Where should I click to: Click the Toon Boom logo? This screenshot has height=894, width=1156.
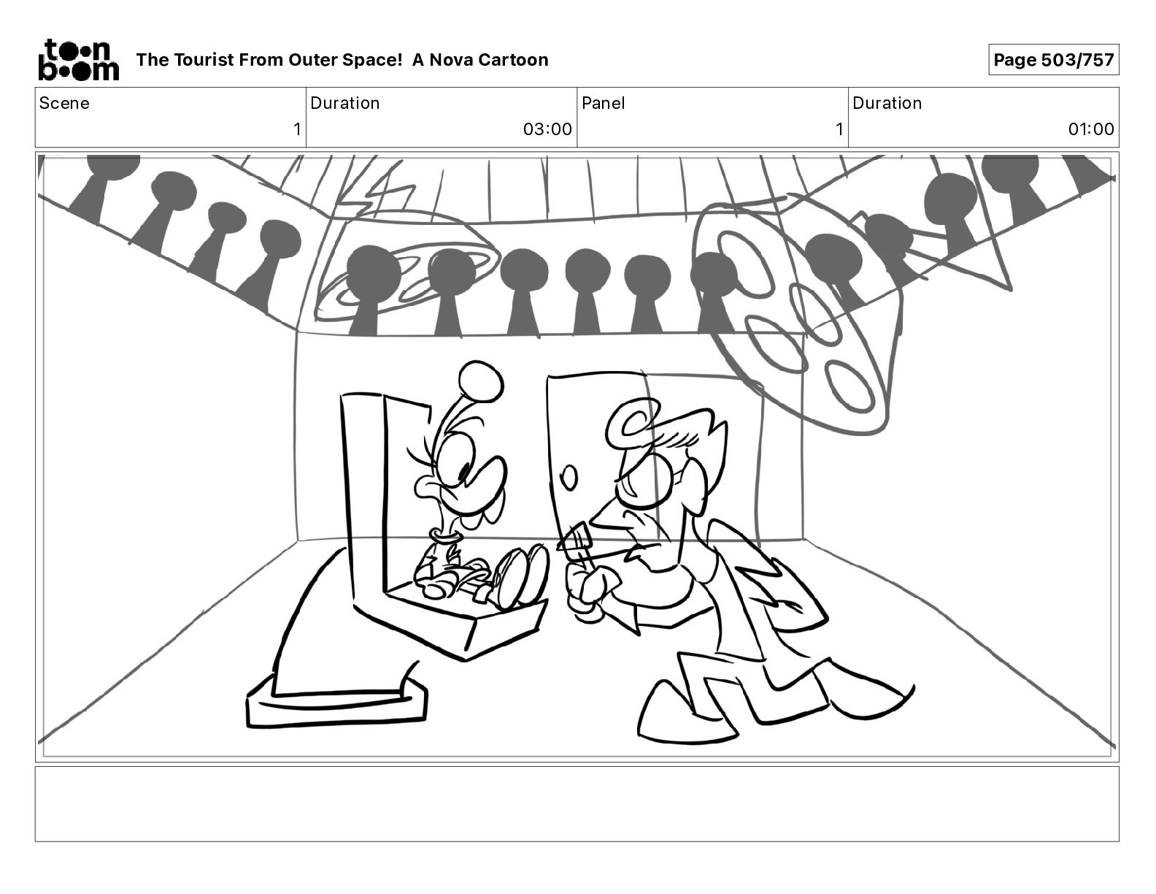tap(79, 60)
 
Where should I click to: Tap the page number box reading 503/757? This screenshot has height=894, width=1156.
tap(1053, 60)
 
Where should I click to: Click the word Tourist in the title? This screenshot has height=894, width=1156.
tap(204, 60)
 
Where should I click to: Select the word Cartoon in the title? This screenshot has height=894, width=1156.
tap(515, 60)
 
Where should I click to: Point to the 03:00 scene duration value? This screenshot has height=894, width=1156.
tap(547, 129)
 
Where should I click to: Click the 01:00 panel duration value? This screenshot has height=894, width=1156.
tap(1090, 129)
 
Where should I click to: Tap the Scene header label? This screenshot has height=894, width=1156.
tap(64, 103)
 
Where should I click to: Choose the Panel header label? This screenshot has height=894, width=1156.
tap(604, 103)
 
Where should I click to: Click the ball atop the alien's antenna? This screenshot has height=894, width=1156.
tap(481, 381)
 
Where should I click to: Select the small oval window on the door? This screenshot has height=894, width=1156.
tap(569, 478)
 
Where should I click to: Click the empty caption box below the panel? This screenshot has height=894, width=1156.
tap(577, 803)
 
